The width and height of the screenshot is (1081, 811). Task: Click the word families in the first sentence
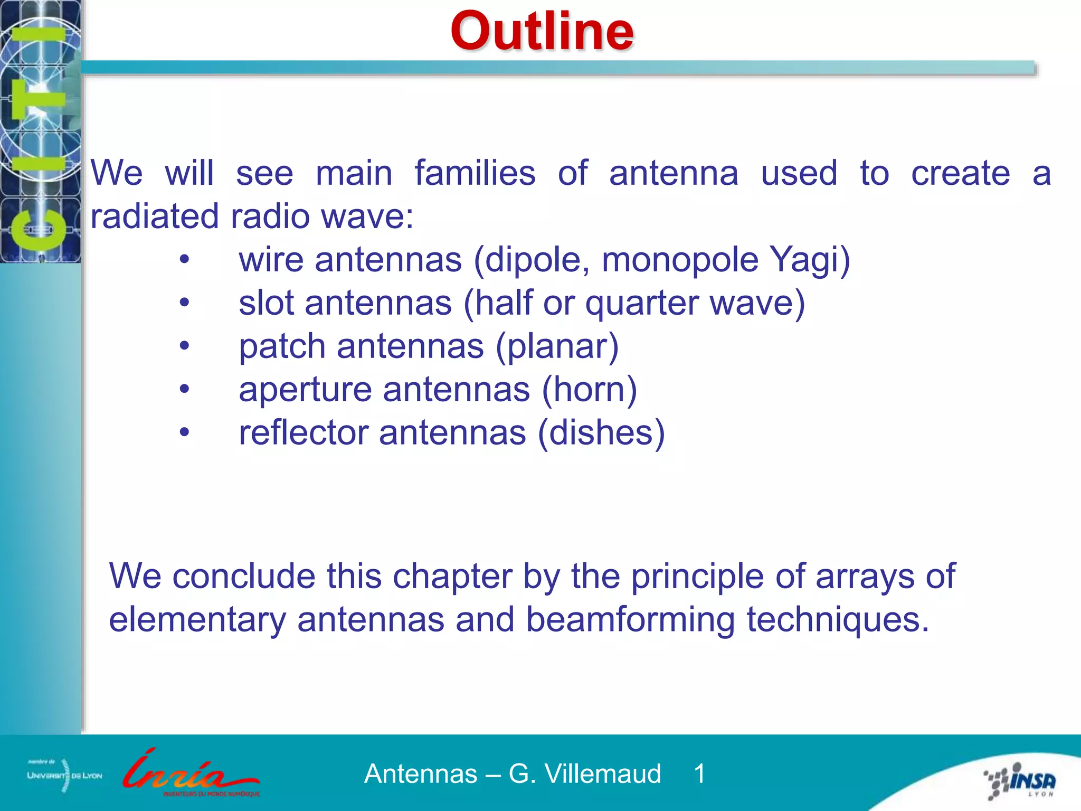(475, 173)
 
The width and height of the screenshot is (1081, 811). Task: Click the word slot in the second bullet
(266, 303)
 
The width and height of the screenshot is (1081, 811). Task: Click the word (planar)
(557, 347)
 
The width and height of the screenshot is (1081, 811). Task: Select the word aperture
(305, 391)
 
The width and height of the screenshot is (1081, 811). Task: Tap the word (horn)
(590, 390)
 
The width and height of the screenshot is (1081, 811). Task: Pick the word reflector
(304, 433)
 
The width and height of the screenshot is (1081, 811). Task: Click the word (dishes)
(601, 433)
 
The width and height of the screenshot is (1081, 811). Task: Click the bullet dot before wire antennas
(184, 260)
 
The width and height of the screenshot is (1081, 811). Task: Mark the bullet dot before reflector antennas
(184, 433)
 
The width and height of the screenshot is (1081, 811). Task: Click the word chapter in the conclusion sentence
(452, 577)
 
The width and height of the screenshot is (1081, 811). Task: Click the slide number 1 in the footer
(699, 774)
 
